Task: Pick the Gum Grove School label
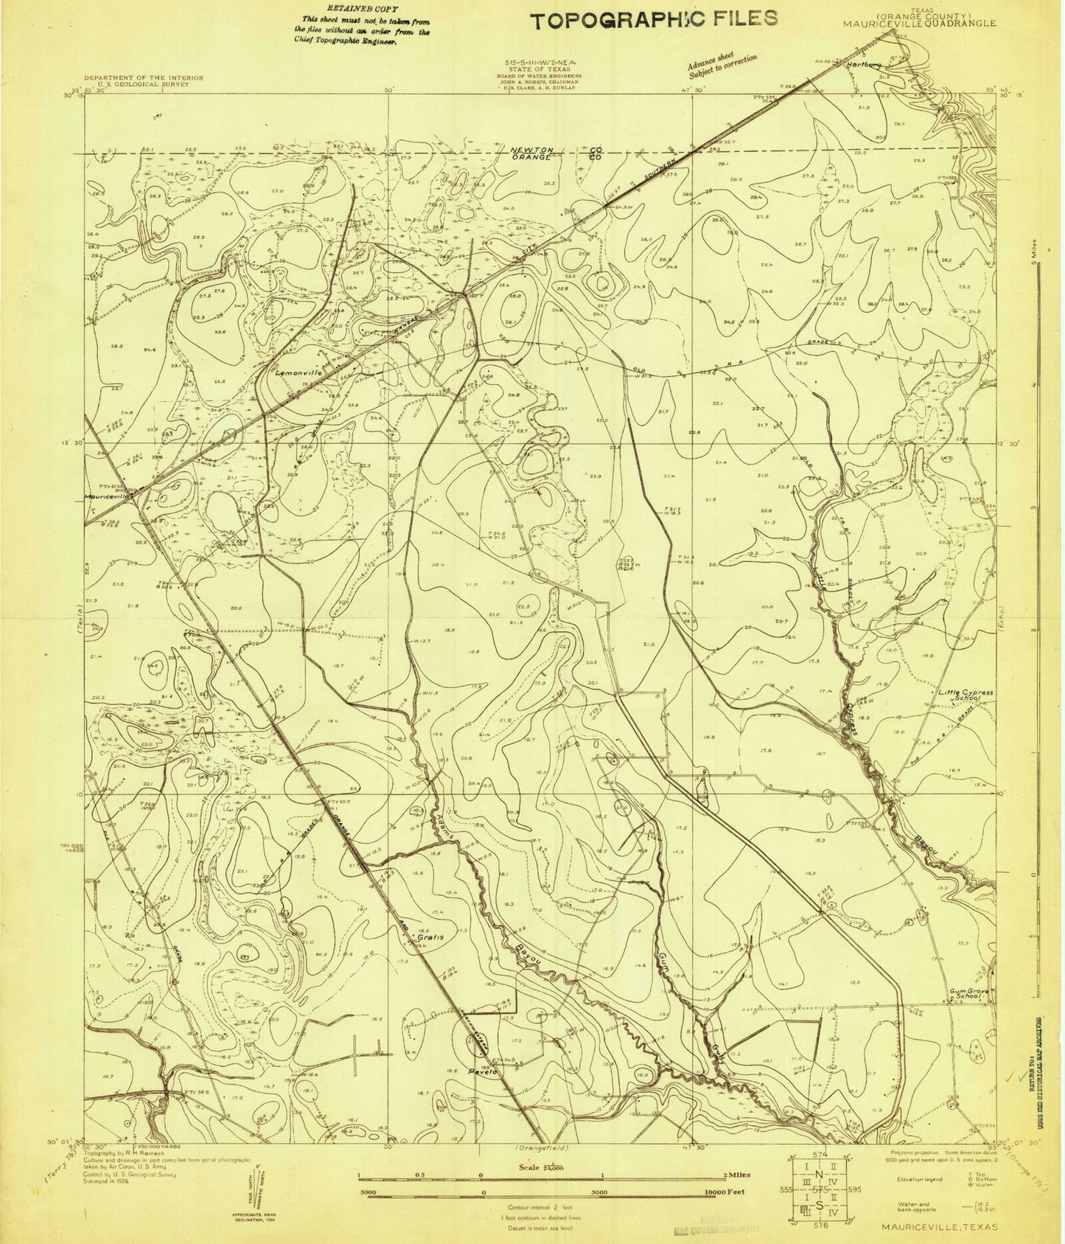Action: pos(967,993)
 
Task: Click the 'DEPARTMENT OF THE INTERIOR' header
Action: pos(136,77)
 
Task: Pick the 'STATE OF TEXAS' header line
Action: pos(537,70)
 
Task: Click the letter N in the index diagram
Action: pos(817,1173)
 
